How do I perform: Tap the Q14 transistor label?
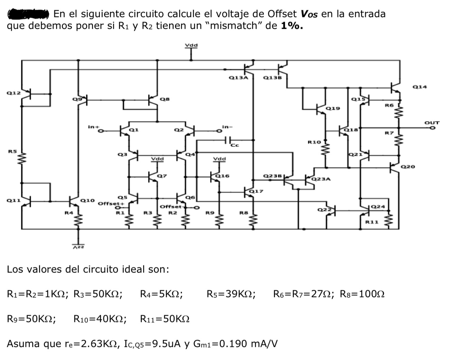pos(420,87)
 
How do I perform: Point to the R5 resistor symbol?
pos(22,160)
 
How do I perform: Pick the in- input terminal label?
pos(225,127)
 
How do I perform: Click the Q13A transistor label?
pos(239,78)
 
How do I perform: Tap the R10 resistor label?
pos(314,142)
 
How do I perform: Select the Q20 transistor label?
pos(407,167)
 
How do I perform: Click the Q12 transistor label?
pos(13,93)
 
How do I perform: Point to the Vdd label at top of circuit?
pos(191,45)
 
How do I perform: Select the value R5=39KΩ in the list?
pos(231,294)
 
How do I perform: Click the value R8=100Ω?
pos(362,294)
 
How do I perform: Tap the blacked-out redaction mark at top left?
pos(29,14)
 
